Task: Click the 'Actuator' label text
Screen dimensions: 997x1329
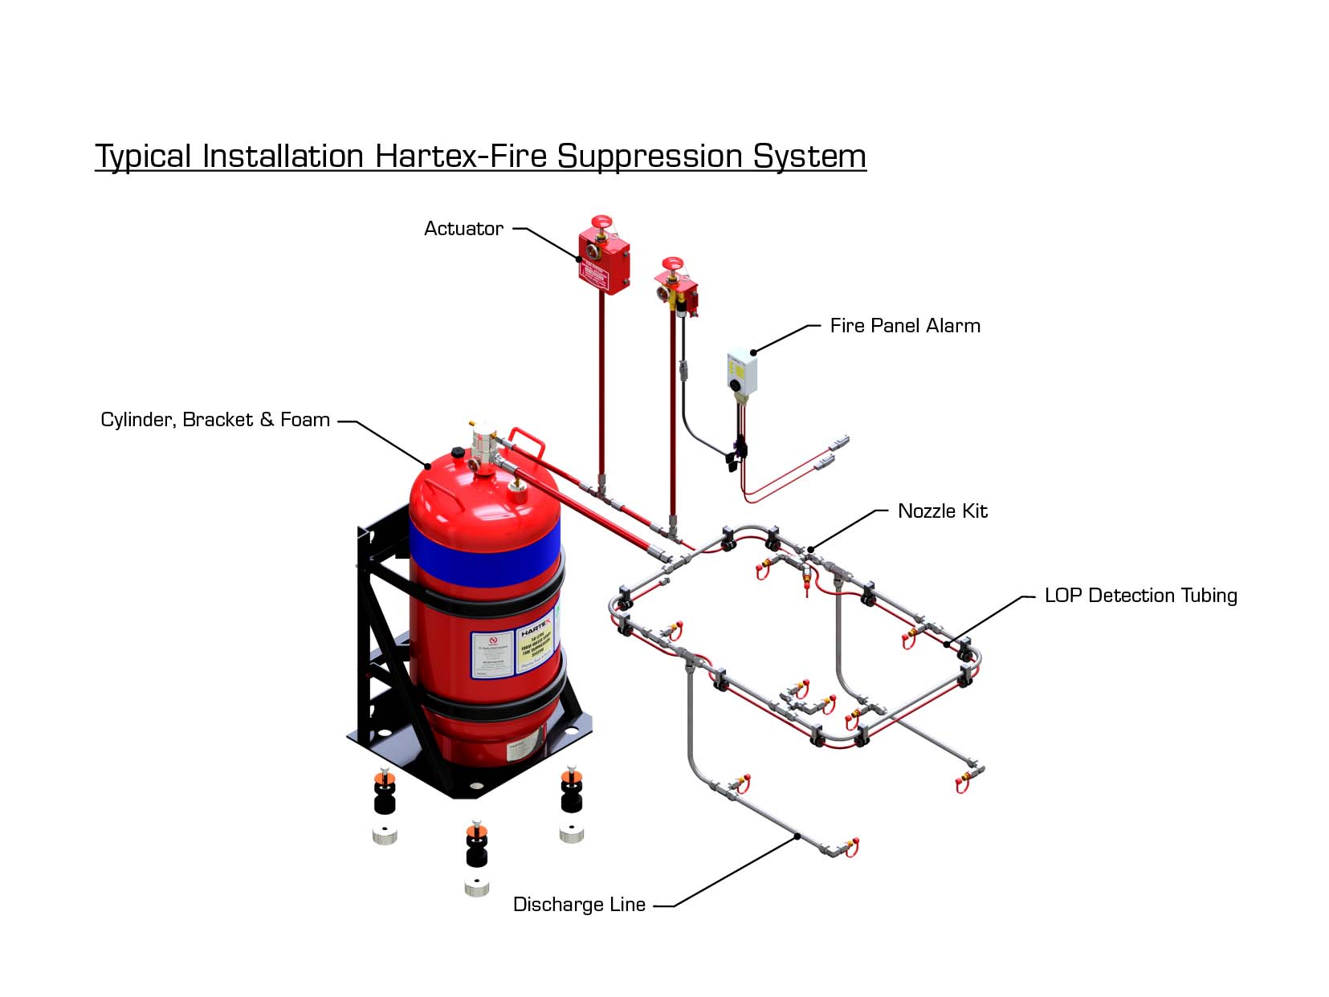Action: pos(463,229)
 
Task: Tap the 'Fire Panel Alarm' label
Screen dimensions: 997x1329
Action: pos(905,326)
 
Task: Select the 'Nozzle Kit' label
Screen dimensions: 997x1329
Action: pos(942,511)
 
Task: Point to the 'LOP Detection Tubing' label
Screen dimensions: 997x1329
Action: pos(1140,596)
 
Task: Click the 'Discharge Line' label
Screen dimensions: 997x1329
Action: pos(579,905)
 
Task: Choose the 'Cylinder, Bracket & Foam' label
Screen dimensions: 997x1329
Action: pos(215,420)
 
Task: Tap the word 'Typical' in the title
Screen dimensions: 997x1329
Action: pos(143,157)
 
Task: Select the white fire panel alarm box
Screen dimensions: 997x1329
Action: pos(742,372)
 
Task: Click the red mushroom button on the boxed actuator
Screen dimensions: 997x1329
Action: pos(601,221)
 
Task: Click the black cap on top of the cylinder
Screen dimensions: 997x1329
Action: pos(459,454)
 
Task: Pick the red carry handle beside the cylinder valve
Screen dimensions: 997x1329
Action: pos(526,440)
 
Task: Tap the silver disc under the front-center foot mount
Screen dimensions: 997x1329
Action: pos(476,888)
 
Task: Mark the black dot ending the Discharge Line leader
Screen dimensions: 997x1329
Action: pos(797,836)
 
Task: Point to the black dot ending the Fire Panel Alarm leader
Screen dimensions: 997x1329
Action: pos(753,352)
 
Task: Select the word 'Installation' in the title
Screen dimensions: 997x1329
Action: pos(283,156)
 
